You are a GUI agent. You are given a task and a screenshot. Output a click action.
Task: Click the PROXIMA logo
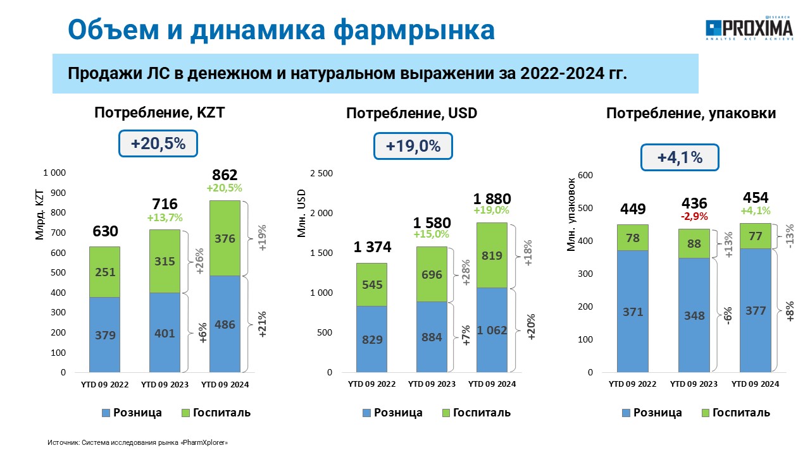click(x=749, y=28)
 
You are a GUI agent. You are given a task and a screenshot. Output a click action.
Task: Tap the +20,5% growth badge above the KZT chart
click(x=158, y=143)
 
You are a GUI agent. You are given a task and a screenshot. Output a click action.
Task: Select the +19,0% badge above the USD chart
click(x=413, y=146)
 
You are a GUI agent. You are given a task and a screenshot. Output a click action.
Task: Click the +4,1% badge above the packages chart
click(x=680, y=157)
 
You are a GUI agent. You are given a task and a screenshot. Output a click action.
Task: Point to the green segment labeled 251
click(x=105, y=272)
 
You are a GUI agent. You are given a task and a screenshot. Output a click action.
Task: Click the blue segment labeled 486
click(x=225, y=324)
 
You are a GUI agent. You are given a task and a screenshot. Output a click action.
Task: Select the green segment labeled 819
click(x=492, y=255)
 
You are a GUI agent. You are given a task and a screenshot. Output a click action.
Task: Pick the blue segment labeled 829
click(x=371, y=339)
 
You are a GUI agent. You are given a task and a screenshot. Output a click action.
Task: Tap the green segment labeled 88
click(x=694, y=243)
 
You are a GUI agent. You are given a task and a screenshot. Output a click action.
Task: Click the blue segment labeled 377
click(x=756, y=310)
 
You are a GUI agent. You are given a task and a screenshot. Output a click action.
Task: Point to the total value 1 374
click(x=372, y=247)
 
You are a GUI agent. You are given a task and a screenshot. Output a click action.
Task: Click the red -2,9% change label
click(x=694, y=216)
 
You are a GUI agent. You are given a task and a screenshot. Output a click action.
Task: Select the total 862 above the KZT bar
click(x=225, y=175)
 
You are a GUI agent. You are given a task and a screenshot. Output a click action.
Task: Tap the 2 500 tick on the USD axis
click(x=321, y=173)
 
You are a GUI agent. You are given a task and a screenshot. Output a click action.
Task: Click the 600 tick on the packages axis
click(x=585, y=175)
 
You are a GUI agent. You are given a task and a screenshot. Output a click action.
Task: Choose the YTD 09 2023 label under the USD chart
click(x=432, y=384)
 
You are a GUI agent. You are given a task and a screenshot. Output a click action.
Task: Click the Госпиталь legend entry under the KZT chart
click(x=216, y=413)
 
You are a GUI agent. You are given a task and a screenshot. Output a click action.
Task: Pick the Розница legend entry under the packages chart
click(x=652, y=413)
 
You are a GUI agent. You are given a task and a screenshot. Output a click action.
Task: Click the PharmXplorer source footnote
click(x=137, y=442)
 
